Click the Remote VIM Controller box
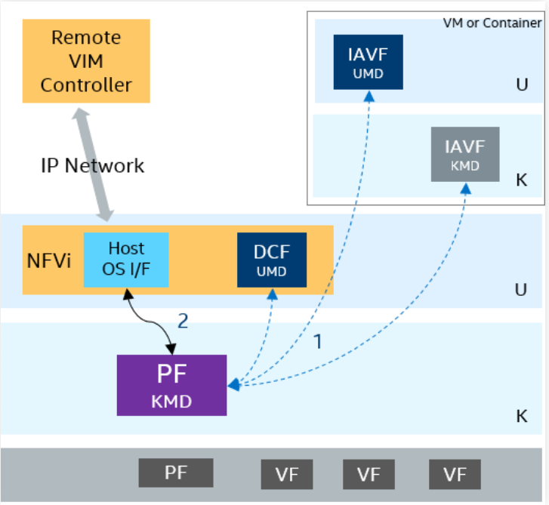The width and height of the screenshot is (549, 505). (85, 61)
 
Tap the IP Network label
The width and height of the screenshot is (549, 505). (92, 165)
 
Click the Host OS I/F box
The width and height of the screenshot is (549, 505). (125, 259)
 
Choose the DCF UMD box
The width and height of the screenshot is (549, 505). (272, 259)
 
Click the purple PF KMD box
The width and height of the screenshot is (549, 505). (171, 384)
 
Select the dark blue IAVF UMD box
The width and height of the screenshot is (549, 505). (369, 62)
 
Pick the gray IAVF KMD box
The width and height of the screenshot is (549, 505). (464, 154)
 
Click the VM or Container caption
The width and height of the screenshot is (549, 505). (492, 23)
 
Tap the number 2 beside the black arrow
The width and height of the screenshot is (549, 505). (182, 321)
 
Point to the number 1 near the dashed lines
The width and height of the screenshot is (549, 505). (318, 341)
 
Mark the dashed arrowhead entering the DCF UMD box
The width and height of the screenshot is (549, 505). (272, 291)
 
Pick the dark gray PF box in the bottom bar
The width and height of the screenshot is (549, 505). (176, 474)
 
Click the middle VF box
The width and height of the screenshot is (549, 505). (369, 475)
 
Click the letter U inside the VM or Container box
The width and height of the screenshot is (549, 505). (522, 85)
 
